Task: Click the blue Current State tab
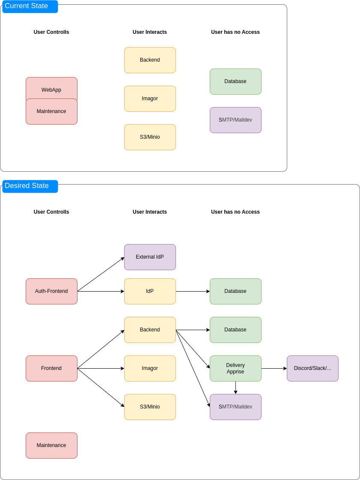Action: (30, 6)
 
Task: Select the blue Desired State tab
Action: (30, 186)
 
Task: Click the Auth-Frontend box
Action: (51, 291)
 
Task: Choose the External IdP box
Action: (150, 257)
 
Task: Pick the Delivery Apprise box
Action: (235, 368)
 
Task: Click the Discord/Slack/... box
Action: (312, 368)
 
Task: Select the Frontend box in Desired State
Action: (51, 368)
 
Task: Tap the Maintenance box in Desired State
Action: (51, 445)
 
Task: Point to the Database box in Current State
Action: (235, 81)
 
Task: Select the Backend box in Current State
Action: (150, 60)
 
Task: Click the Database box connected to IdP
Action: (235, 291)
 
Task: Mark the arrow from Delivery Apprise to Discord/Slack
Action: (274, 368)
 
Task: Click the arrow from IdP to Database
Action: (193, 291)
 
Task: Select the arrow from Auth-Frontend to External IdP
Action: (101, 274)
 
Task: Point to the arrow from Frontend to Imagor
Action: (101, 368)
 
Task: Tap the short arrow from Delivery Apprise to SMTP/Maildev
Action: (235, 388)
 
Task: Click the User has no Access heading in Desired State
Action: (235, 212)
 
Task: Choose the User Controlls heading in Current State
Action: (51, 32)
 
